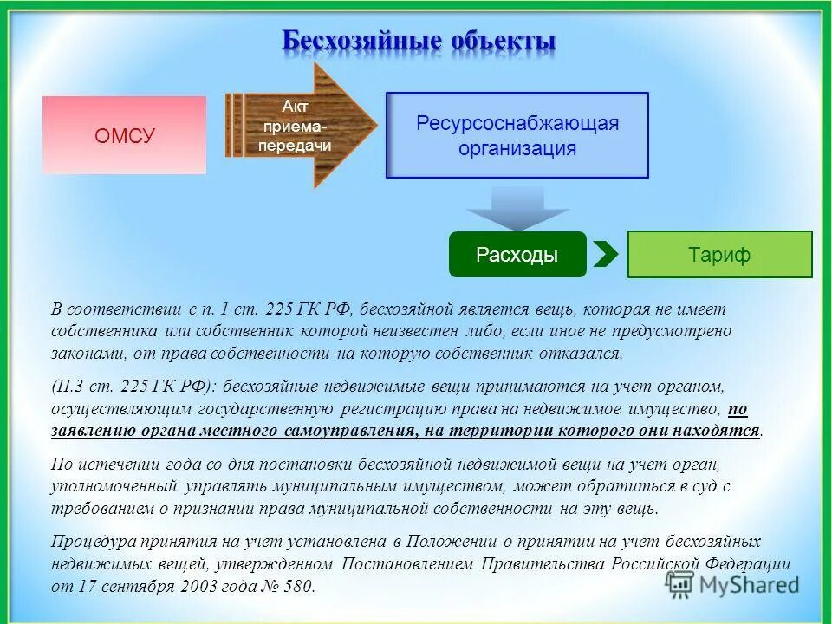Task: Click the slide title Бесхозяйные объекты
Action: (x=419, y=41)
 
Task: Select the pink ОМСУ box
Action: (x=125, y=135)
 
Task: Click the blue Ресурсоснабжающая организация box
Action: (x=517, y=135)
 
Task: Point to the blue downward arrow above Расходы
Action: (x=517, y=209)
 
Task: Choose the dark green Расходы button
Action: (x=517, y=255)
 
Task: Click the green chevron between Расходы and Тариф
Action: (x=607, y=255)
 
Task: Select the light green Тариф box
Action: (x=719, y=255)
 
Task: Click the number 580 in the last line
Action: (x=298, y=586)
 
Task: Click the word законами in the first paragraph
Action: (x=84, y=354)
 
